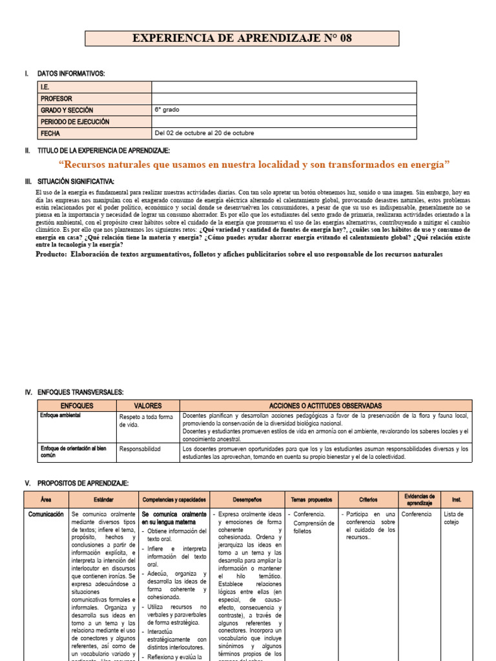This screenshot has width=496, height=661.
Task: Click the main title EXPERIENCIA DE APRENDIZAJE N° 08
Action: pos(242,38)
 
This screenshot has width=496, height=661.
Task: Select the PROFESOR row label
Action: pos(57,99)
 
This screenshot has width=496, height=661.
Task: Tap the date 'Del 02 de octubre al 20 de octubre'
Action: pos(204,134)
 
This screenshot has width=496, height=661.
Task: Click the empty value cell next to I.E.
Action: pos(284,87)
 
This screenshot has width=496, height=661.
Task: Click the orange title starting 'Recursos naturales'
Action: pos(254,165)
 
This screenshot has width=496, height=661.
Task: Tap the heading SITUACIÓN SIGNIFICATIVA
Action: pos(76,181)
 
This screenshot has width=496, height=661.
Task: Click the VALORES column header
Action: pos(147,405)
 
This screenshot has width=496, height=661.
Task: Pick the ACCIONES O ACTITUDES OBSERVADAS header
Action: pos(325,405)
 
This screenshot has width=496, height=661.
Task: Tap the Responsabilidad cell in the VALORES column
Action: pos(140,449)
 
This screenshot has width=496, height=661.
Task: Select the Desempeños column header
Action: pos(247,499)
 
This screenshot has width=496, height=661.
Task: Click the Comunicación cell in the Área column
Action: pos(46,514)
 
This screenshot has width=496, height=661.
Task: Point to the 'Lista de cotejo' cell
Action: pos(454,518)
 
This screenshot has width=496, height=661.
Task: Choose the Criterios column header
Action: pos(368,499)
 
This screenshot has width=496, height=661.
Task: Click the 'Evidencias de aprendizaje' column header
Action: pos(419,499)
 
